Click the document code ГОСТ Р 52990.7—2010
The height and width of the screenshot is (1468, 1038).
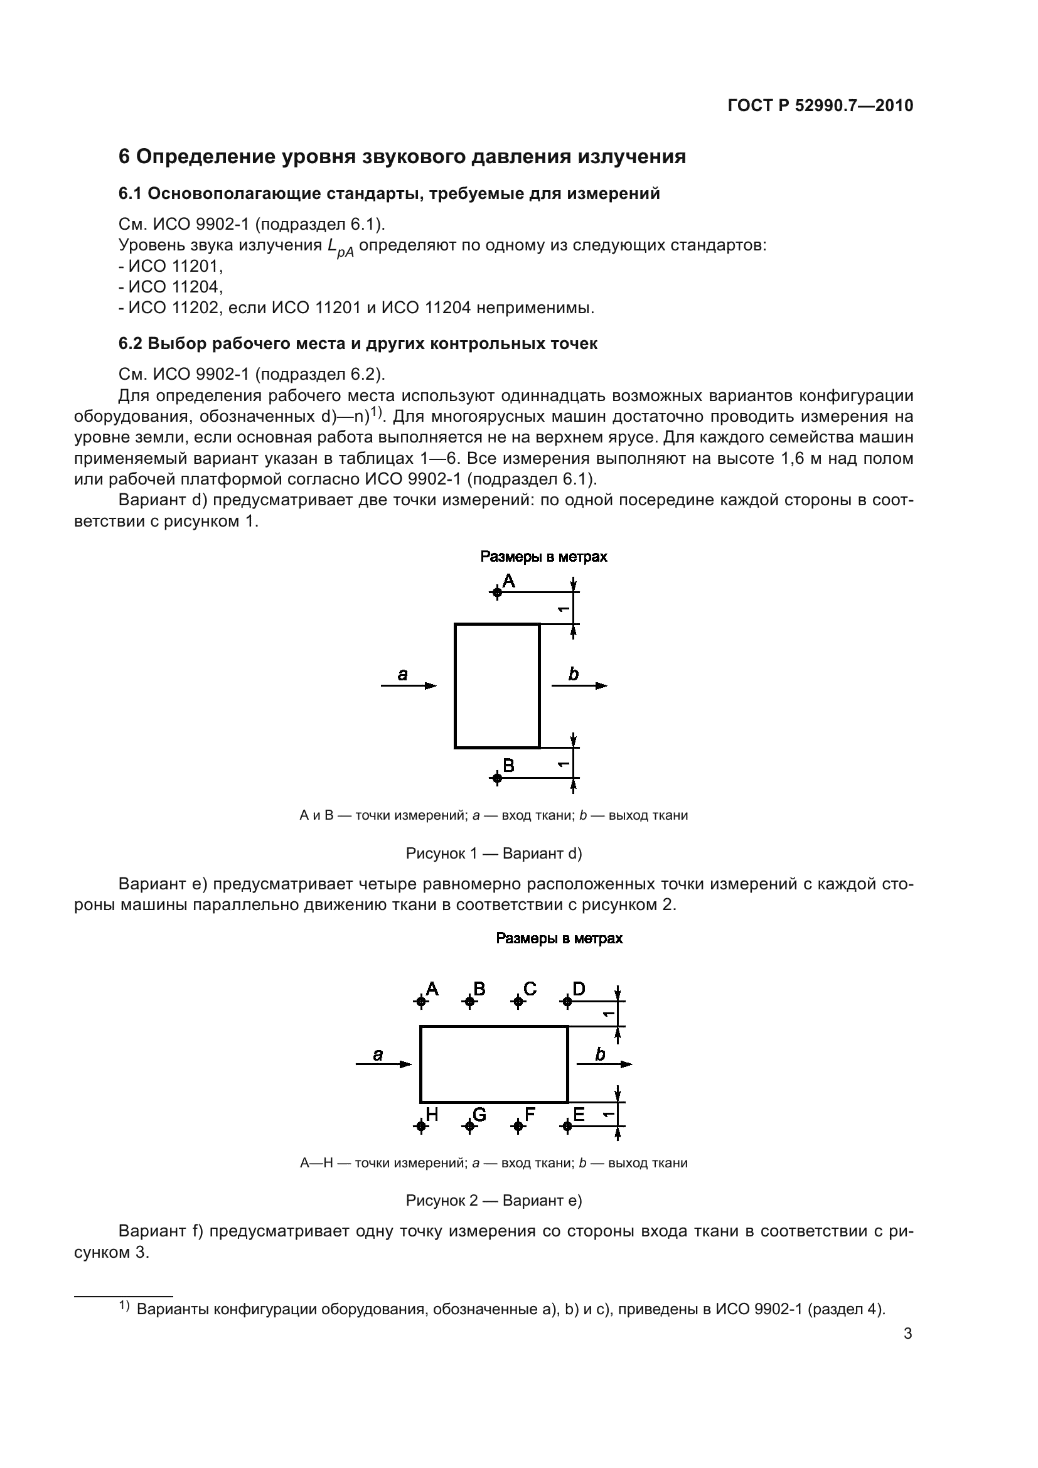tap(820, 105)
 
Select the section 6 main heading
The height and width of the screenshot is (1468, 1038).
tap(402, 157)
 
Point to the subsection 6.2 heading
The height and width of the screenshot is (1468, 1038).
tap(358, 343)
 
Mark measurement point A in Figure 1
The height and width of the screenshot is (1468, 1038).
tap(496, 592)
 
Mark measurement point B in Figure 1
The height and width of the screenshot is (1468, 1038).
tap(496, 778)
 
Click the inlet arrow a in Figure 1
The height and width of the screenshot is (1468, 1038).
tap(409, 685)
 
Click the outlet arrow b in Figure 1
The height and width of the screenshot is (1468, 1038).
tap(579, 685)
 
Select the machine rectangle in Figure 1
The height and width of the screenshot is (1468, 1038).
tap(496, 685)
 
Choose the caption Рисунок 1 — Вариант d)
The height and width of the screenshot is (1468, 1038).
tap(493, 853)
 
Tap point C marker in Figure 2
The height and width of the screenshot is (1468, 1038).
tap(518, 1001)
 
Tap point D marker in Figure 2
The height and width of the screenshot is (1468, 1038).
tap(566, 1001)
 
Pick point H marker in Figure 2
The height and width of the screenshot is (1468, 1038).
tap(420, 1126)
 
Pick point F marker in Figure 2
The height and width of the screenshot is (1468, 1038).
tap(518, 1126)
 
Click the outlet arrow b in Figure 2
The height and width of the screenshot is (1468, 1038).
tap(604, 1064)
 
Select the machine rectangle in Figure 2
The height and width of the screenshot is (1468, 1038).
tap(493, 1064)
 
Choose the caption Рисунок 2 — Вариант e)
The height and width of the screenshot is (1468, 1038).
tap(493, 1200)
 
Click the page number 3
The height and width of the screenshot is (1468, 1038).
tap(907, 1333)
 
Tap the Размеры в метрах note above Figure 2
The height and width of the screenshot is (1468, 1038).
tap(559, 938)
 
